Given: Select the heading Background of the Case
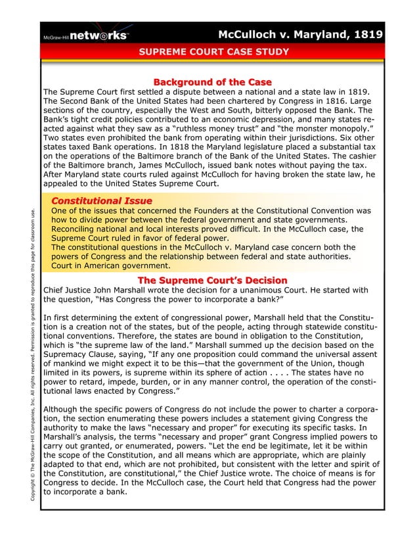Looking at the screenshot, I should click(x=212, y=82).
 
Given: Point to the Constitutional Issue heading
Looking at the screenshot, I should click(x=101, y=201).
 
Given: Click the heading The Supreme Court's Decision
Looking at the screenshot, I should click(x=212, y=280).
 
